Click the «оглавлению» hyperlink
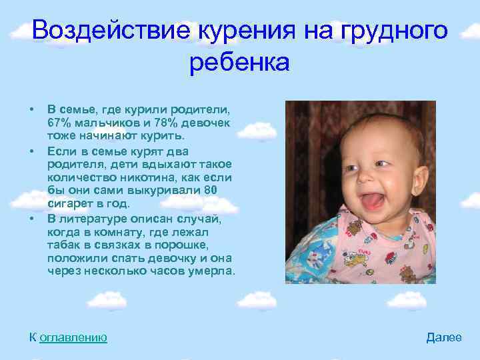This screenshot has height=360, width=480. pos(73,337)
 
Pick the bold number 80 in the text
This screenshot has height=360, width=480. pos(211,191)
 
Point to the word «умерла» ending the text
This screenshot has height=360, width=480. pos(211,271)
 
